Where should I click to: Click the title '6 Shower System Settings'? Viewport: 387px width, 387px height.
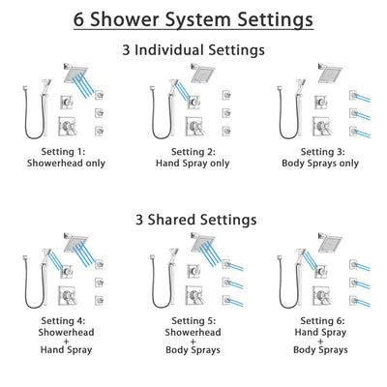pyautogui.click(x=193, y=19)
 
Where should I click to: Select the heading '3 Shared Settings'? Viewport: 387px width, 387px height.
pyautogui.click(x=193, y=220)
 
